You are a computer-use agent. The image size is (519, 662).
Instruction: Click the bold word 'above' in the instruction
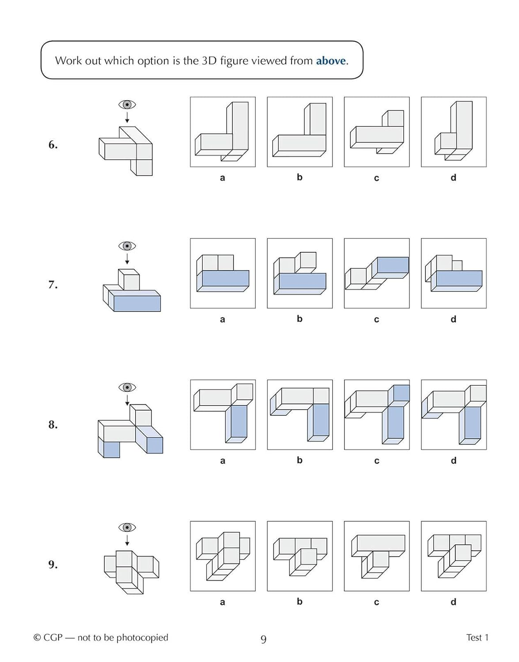331,60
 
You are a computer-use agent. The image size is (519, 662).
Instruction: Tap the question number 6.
53,145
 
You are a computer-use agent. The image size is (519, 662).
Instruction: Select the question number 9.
53,564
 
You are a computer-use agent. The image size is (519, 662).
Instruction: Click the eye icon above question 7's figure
127,246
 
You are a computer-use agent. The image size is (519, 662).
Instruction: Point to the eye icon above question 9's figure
127,527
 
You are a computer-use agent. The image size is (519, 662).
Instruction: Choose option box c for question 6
377,132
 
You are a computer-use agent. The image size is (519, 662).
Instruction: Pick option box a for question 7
223,273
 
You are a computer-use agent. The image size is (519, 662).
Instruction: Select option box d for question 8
454,414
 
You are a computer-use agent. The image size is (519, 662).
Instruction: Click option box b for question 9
300,556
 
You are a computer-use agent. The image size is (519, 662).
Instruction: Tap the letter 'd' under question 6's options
453,178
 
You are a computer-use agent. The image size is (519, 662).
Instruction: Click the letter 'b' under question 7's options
299,319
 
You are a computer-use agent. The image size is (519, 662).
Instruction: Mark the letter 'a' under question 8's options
223,461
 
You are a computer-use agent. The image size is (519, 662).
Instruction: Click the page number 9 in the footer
264,639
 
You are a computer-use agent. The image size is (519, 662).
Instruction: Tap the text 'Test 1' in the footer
477,637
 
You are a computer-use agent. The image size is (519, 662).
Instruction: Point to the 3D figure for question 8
130,430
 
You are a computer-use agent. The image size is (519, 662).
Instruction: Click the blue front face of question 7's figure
137,304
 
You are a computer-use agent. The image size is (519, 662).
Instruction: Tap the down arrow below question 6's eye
127,118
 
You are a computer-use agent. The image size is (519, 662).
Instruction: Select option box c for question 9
377,556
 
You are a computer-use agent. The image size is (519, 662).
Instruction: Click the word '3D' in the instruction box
209,60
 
